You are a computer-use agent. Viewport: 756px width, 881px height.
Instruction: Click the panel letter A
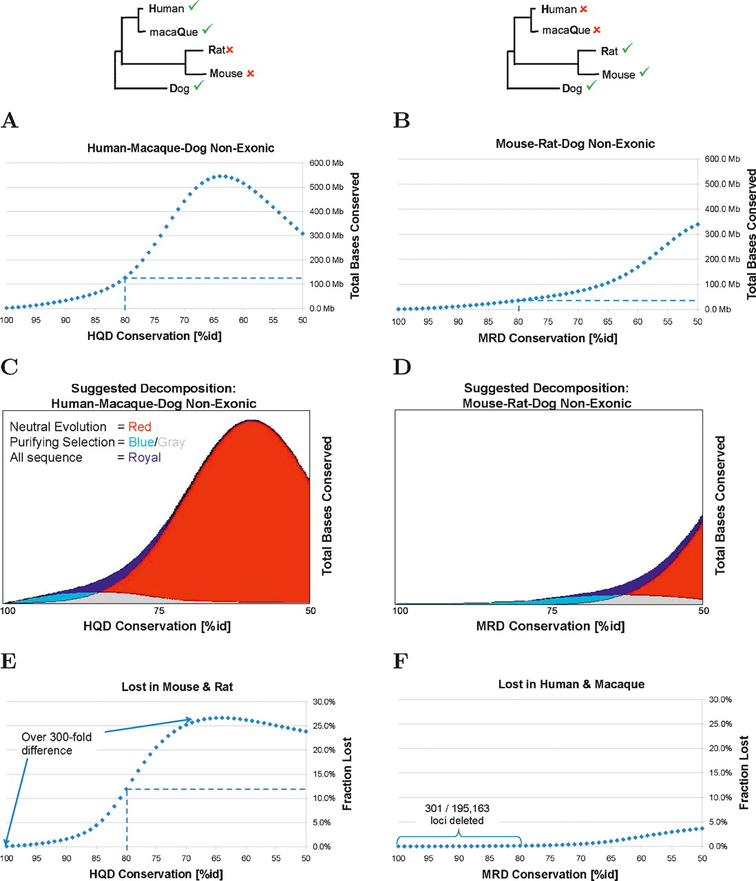click(10, 120)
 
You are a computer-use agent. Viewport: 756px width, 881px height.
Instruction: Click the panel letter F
click(401, 661)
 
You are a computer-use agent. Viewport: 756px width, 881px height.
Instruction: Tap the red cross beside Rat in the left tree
click(230, 50)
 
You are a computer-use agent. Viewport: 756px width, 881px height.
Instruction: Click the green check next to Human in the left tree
click(193, 6)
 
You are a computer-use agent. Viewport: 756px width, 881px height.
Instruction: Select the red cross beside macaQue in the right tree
click(597, 30)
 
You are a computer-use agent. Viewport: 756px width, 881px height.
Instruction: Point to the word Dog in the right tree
click(571, 88)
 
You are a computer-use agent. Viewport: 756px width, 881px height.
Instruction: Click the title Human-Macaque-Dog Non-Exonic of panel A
click(180, 148)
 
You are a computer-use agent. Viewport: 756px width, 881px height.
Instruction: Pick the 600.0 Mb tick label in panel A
click(326, 163)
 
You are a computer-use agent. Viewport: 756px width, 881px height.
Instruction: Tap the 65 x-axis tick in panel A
click(214, 320)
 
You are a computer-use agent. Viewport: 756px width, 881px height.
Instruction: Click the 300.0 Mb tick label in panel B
click(722, 234)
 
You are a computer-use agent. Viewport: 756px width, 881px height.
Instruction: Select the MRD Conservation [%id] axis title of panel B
click(547, 338)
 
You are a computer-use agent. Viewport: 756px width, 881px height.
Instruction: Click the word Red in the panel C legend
click(140, 427)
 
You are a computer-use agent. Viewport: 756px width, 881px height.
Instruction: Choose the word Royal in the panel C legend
click(145, 457)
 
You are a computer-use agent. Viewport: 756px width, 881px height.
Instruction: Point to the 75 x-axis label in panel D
click(552, 611)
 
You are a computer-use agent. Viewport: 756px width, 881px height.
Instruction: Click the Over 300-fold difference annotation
click(56, 743)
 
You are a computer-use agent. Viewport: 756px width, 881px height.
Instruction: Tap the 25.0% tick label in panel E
click(324, 726)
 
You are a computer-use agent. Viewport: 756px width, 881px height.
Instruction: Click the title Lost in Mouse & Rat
click(177, 687)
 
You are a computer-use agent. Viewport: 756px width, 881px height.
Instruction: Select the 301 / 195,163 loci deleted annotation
click(457, 814)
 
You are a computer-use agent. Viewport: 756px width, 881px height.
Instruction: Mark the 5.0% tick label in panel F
click(718, 822)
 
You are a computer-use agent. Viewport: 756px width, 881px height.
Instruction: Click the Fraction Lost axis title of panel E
click(347, 774)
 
